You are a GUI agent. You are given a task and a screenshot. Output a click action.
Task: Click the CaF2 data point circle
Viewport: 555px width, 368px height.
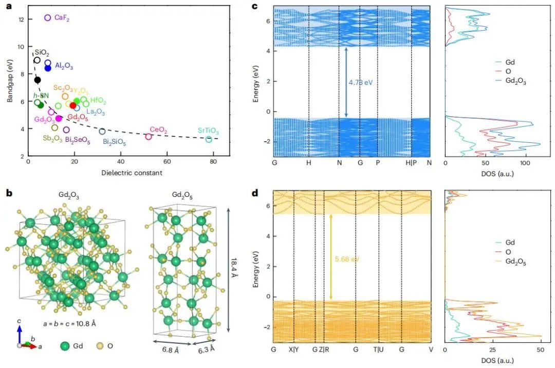point(48,17)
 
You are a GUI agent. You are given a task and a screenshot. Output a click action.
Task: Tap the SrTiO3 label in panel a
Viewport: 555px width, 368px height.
point(208,132)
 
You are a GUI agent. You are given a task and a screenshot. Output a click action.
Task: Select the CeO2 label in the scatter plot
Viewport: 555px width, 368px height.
point(158,130)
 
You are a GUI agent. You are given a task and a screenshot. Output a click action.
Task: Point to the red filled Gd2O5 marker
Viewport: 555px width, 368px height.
point(73,105)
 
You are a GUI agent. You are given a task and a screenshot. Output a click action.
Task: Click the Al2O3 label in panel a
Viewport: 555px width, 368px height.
point(64,66)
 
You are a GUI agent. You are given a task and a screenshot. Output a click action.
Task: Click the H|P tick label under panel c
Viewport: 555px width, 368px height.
point(411,162)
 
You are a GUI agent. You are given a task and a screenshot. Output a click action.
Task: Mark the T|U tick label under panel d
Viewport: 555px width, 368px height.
point(379,349)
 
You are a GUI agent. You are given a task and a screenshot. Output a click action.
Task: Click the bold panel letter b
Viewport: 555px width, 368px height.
point(8,194)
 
